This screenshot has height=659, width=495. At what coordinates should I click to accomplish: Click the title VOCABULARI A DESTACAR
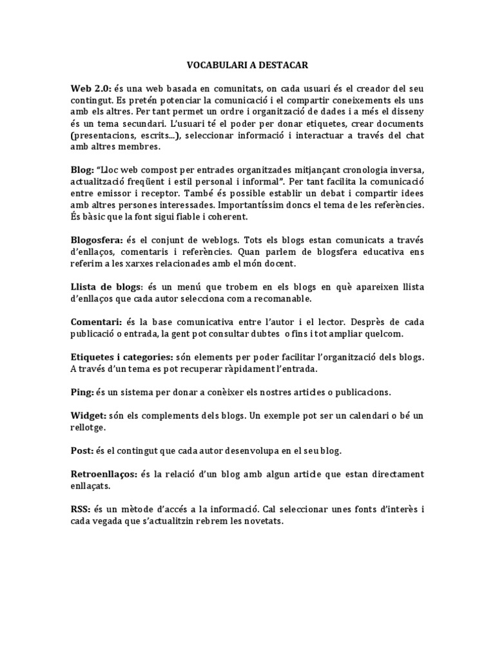coord(247,65)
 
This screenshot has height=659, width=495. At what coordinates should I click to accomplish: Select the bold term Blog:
coord(83,169)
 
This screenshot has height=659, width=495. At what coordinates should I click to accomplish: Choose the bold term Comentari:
coord(98,321)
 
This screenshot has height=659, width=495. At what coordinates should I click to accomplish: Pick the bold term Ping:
coord(82,392)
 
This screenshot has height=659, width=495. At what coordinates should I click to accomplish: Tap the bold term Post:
coord(82,450)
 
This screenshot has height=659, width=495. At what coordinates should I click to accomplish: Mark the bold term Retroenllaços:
coord(103,474)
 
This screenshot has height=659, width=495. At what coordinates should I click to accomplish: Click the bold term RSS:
coord(81,510)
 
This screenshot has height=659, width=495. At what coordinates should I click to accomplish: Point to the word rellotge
coord(90,427)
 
